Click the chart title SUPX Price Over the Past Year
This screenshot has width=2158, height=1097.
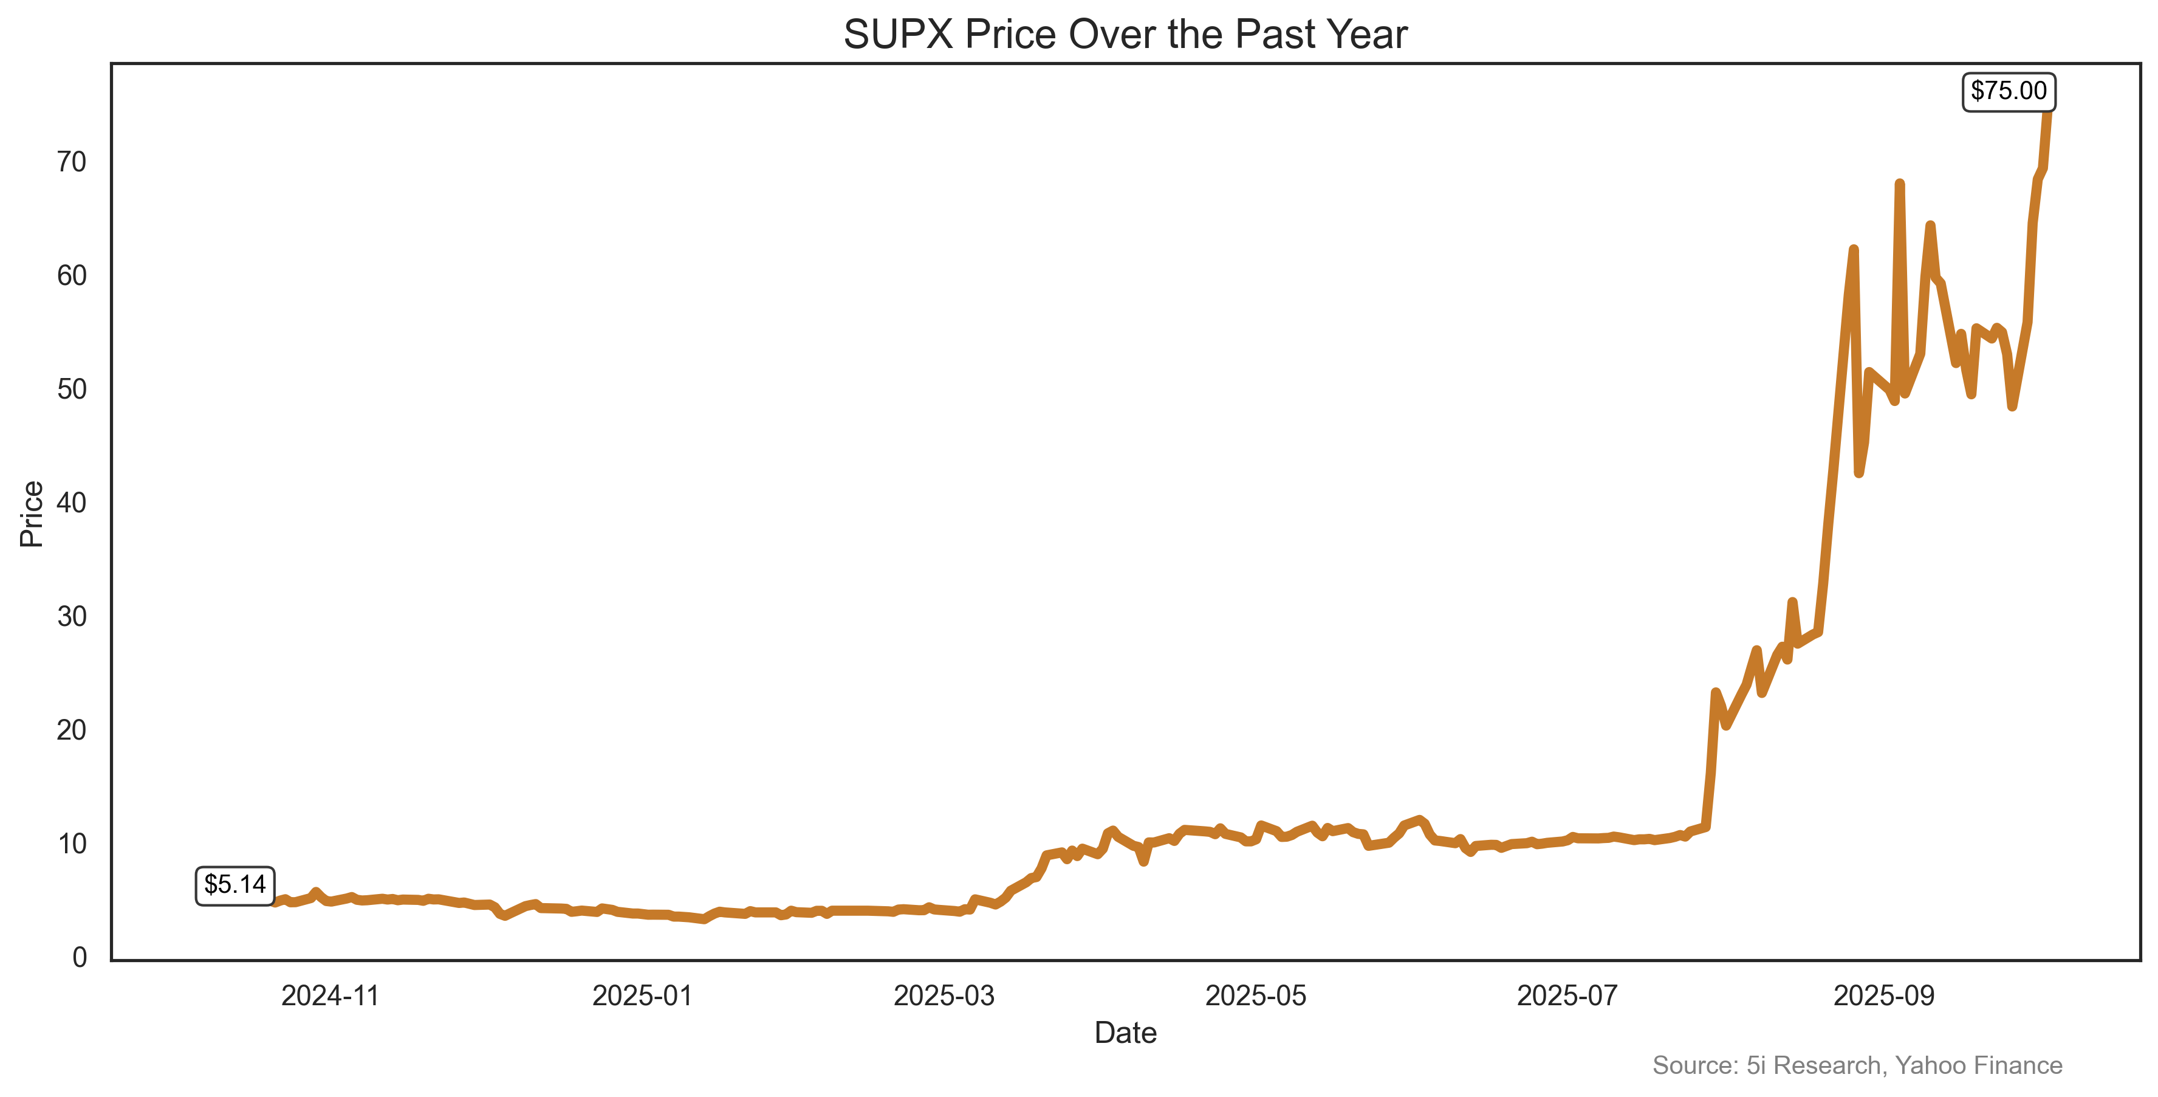[1125, 35]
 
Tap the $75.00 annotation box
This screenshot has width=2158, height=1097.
[2008, 91]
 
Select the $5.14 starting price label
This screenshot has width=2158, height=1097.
[235, 885]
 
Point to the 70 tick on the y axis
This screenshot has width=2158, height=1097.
[72, 163]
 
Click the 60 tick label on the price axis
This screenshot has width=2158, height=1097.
[72, 276]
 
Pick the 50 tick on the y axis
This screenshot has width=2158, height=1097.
[72, 390]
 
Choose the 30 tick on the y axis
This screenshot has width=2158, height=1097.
[72, 617]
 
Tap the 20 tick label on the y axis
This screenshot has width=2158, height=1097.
[72, 731]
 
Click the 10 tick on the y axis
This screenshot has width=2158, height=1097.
[72, 844]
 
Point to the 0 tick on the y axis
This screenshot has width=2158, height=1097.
[80, 957]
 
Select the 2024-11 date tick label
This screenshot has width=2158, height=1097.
[330, 997]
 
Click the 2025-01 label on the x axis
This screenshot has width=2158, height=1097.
[642, 997]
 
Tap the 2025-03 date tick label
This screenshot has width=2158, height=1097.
[944, 997]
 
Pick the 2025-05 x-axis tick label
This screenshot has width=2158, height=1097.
[1256, 997]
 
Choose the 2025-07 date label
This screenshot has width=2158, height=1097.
[1567, 997]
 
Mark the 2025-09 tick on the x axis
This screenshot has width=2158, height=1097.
[1884, 997]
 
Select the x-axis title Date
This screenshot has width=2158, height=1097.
[1125, 1033]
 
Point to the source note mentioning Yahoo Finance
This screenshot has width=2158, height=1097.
[1857, 1066]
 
